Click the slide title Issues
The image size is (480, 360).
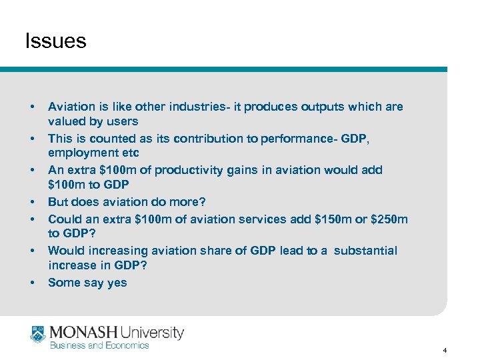(x=55, y=41)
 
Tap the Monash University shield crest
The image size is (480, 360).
(x=37, y=334)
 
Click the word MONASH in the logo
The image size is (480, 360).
(x=84, y=332)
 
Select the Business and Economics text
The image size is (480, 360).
(x=99, y=345)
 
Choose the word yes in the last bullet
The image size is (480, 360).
(x=116, y=283)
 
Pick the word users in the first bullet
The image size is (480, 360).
(x=121, y=121)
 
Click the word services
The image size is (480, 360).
(x=251, y=219)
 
